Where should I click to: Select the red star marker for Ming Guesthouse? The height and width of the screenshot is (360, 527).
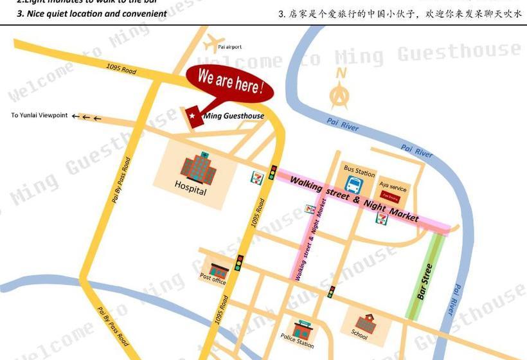(192, 115)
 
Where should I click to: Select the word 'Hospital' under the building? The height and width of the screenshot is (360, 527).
(191, 191)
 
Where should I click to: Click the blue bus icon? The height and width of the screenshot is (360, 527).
(354, 184)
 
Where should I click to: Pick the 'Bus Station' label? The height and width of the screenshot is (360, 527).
(359, 172)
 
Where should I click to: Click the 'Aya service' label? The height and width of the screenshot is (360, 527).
(393, 187)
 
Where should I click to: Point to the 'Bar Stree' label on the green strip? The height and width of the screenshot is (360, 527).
(425, 281)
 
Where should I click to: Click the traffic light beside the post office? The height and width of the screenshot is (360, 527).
(238, 262)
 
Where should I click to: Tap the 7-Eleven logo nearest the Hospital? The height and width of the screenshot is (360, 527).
(256, 174)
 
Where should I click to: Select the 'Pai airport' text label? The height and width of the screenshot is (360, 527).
(230, 47)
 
